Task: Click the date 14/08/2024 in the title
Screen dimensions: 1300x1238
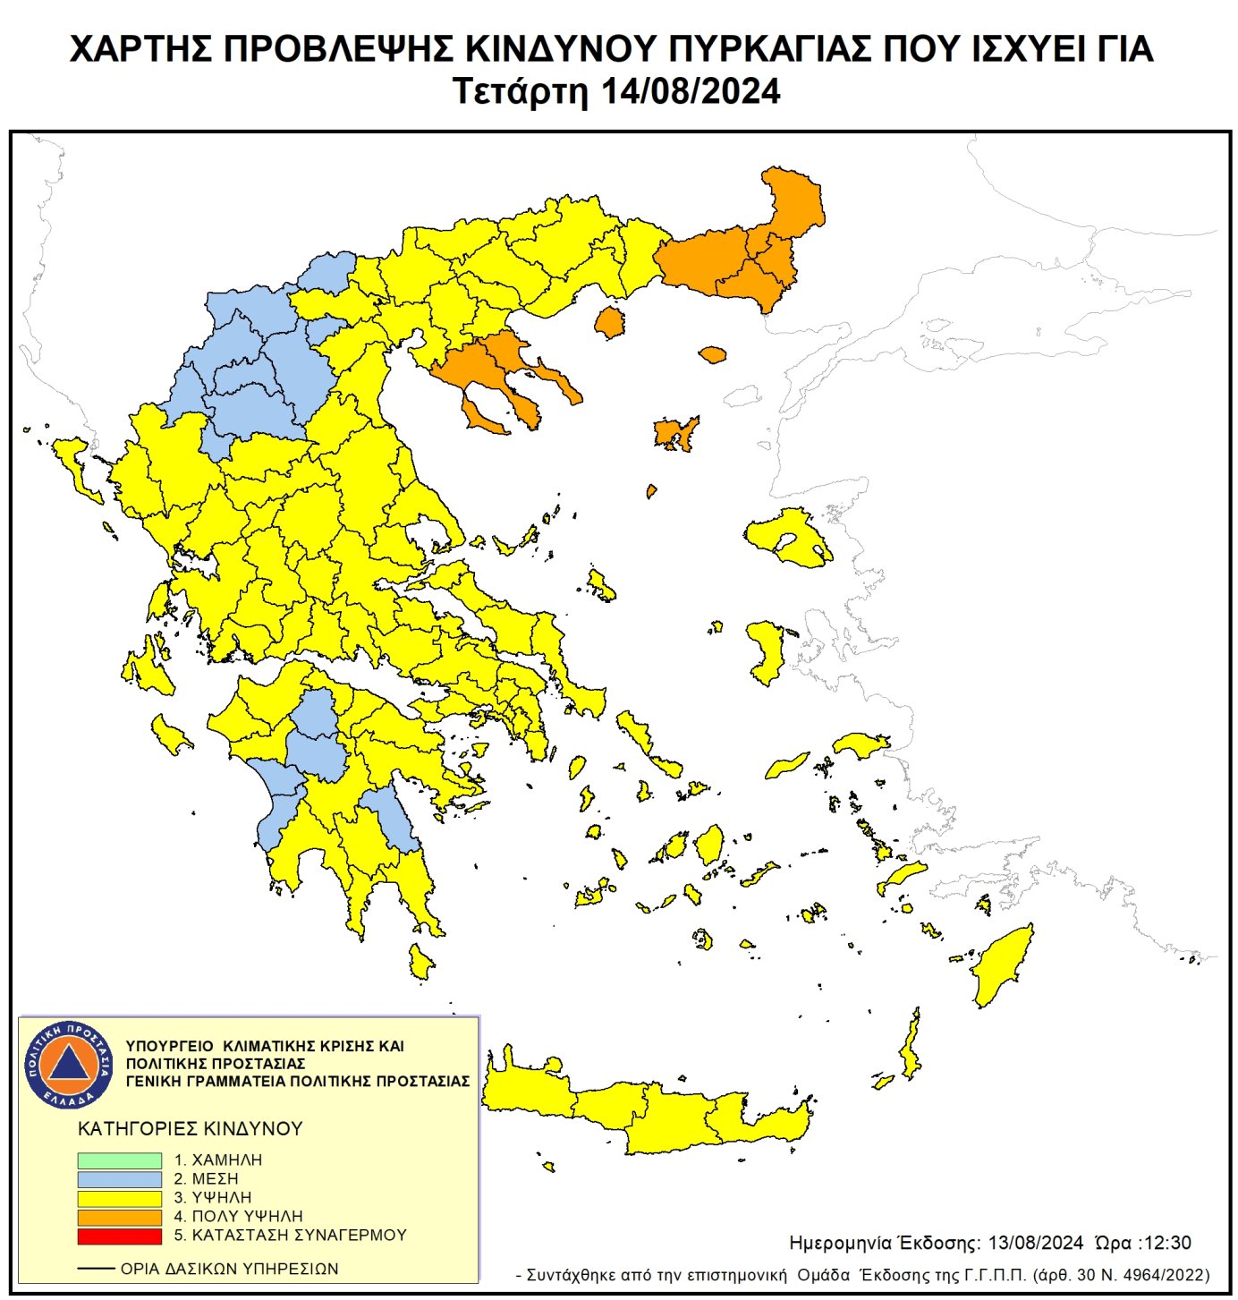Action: [x=690, y=92]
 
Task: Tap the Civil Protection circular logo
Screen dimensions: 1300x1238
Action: [x=68, y=1063]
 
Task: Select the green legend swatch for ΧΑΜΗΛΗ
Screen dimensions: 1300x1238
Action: [x=119, y=1160]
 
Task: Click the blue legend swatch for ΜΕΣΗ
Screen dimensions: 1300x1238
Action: [x=119, y=1179]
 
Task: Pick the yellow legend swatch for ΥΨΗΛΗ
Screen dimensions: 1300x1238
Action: [x=119, y=1198]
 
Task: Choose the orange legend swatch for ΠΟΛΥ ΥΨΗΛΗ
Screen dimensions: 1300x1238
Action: [x=119, y=1217]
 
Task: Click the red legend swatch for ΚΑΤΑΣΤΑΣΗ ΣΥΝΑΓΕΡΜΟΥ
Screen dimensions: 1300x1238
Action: [x=119, y=1236]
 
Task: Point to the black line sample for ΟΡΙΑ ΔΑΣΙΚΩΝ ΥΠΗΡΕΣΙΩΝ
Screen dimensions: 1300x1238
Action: [x=96, y=1269]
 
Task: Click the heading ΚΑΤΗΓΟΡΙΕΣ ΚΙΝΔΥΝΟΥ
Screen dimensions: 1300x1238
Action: [x=191, y=1128]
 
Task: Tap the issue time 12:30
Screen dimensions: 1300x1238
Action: [x=1166, y=1243]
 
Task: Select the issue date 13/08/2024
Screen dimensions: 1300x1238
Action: [x=1035, y=1243]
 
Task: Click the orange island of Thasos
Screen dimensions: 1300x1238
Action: [x=610, y=322]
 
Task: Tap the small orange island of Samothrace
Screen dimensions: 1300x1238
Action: [x=712, y=355]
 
